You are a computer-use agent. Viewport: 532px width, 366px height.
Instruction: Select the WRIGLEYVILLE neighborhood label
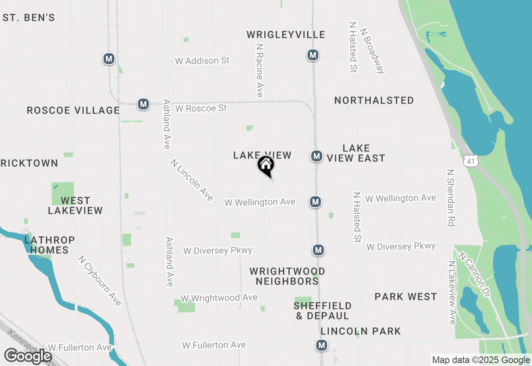point(286,35)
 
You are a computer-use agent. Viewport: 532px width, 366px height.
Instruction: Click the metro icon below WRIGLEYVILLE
point(313,55)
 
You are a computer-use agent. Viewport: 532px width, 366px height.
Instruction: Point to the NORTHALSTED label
point(374,100)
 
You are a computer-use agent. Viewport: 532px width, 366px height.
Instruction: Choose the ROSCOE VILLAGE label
point(73,110)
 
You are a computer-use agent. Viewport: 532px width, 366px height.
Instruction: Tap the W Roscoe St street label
point(201,108)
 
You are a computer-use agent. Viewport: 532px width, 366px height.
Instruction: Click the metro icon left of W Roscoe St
point(143,104)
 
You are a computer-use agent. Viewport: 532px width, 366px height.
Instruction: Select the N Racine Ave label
point(260,71)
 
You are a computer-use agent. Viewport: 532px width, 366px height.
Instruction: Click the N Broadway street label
point(373,51)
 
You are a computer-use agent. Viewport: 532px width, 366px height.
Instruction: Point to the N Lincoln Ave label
point(192,180)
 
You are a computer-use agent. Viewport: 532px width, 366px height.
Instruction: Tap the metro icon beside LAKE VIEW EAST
point(317,156)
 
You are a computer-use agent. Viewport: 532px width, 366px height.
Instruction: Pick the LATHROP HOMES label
point(49,245)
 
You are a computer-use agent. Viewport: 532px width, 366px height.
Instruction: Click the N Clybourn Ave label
point(100,281)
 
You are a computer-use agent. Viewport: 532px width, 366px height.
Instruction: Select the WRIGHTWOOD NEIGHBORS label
point(287,276)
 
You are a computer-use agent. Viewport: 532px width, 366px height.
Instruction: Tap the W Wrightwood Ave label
point(219,298)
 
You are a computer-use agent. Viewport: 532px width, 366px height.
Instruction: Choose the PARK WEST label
point(406,297)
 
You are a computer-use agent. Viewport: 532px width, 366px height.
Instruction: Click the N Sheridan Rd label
point(450,198)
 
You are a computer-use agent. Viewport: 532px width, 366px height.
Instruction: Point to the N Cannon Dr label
point(474,275)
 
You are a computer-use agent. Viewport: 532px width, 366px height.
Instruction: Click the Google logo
point(28,356)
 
